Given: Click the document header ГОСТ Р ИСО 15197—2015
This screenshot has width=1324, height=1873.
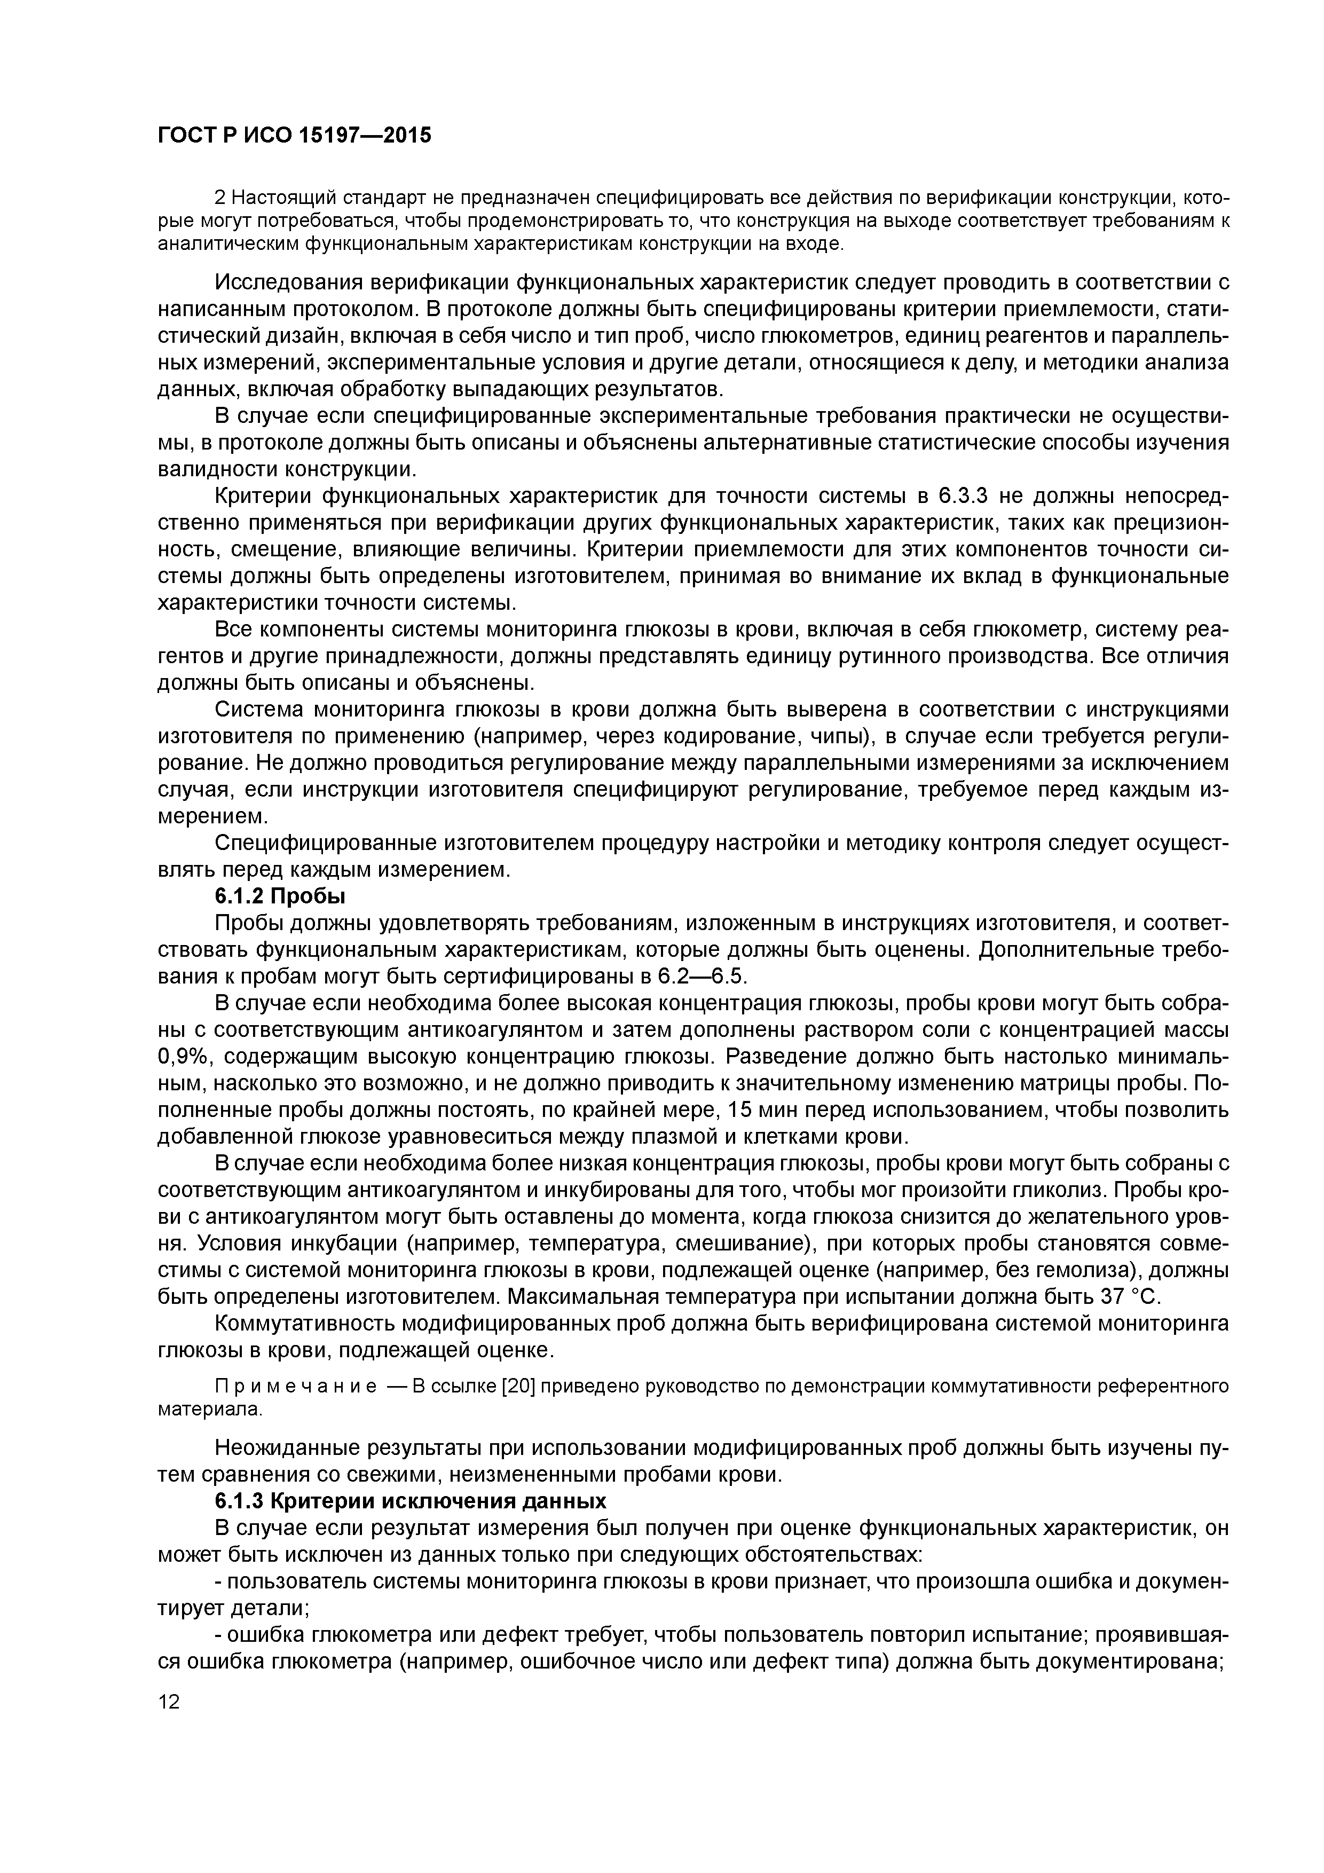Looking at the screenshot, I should (294, 135).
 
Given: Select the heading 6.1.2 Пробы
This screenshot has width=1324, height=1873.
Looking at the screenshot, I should (280, 896).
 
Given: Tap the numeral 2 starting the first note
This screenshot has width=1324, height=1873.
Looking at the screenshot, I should (219, 198).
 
